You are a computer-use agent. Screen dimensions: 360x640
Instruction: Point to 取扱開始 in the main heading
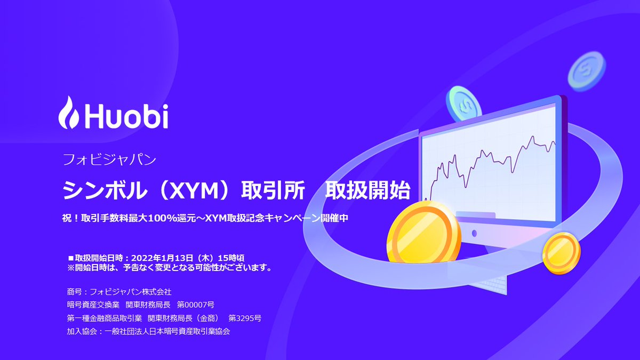click(x=367, y=189)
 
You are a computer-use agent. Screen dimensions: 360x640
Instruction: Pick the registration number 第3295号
click(x=245, y=318)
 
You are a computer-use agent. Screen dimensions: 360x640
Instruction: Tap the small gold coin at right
click(x=561, y=252)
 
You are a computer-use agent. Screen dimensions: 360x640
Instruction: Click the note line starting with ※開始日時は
click(x=170, y=267)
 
